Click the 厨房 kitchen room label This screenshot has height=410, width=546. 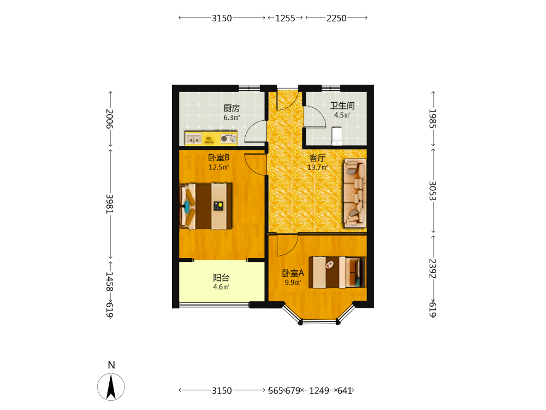tap(232, 108)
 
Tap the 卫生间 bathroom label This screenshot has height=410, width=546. tap(342, 106)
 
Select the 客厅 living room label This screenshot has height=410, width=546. tap(318, 158)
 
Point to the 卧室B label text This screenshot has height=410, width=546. tap(219, 157)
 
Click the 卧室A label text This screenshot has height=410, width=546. tap(293, 273)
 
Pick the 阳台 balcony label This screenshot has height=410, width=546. tap(221, 278)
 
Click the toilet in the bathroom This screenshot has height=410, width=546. tap(337, 136)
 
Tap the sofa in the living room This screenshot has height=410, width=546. tap(355, 193)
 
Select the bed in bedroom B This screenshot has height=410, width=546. tap(206, 206)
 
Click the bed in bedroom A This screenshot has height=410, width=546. tap(337, 272)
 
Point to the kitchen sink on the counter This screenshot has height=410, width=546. tap(193, 139)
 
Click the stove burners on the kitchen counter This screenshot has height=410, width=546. tap(228, 138)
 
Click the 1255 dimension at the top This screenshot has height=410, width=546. tap(285, 18)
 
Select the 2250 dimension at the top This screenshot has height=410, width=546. tap(336, 18)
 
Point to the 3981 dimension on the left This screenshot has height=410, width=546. tap(110, 204)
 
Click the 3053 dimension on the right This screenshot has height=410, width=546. tap(432, 191)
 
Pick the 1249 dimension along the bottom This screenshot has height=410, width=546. tap(319, 390)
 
